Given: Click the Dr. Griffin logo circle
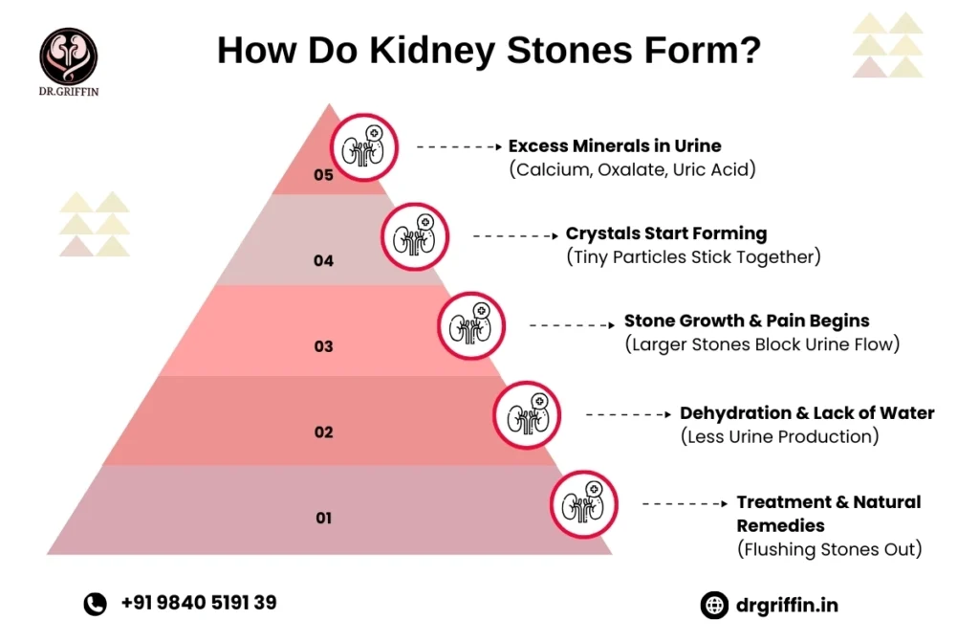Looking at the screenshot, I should [x=68, y=55].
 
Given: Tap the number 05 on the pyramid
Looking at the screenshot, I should [x=324, y=175].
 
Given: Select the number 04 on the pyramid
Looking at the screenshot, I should [x=324, y=260].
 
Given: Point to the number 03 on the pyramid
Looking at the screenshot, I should [x=324, y=346].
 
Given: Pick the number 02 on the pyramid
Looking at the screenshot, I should [x=324, y=432].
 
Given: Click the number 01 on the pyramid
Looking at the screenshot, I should [x=324, y=519].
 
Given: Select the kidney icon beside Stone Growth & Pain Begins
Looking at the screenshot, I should [x=471, y=325].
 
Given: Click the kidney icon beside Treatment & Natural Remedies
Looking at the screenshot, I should [x=583, y=502].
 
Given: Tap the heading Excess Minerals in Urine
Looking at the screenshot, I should [x=615, y=146].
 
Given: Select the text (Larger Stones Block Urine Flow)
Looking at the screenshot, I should [x=762, y=344].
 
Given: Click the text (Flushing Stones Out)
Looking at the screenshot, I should [x=829, y=549].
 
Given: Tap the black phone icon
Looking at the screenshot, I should [x=95, y=604].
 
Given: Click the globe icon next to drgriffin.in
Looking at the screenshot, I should [x=714, y=605].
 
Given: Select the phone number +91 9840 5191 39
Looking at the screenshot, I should [x=199, y=603].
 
